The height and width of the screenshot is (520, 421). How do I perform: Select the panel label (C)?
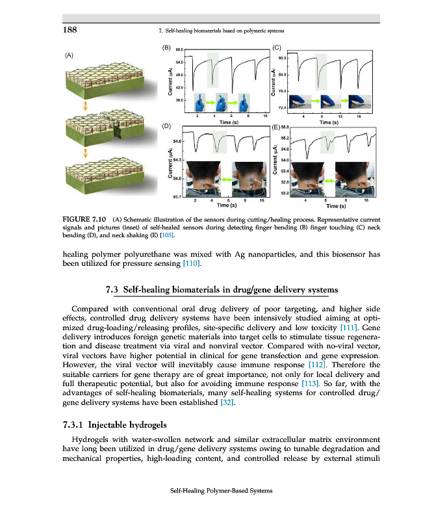(x=277, y=47)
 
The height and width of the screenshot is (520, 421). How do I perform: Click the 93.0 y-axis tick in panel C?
(x=283, y=58)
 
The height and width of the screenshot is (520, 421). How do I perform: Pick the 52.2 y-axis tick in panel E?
(x=284, y=193)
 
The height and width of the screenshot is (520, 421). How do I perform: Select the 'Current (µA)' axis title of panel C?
(x=274, y=82)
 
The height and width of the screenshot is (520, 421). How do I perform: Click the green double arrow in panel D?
(x=227, y=178)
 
